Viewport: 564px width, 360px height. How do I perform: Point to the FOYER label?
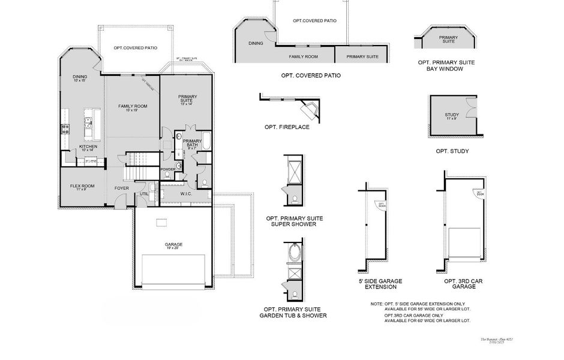click(x=122, y=188)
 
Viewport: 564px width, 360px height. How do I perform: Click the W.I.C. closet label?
click(x=186, y=194)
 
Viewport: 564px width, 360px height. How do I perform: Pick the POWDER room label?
click(x=168, y=169)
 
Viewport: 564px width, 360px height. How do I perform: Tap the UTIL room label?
click(x=144, y=194)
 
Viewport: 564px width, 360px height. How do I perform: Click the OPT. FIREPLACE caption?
click(x=287, y=127)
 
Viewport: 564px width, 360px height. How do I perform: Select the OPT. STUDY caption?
click(x=452, y=151)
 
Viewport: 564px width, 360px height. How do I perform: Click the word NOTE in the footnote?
click(x=377, y=305)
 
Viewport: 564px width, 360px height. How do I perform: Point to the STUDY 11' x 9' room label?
click(x=452, y=116)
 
